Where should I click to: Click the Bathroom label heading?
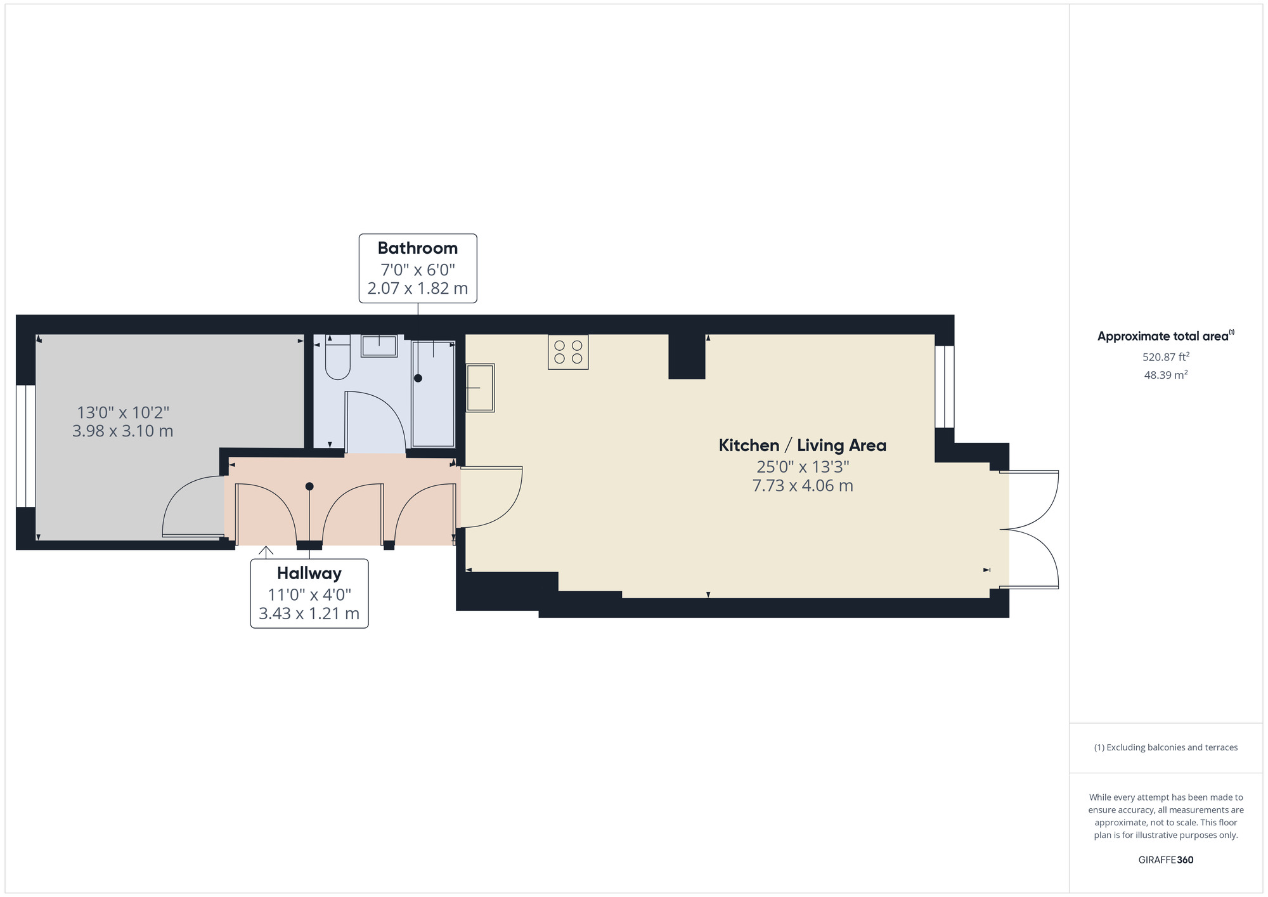click(x=417, y=248)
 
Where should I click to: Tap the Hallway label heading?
click(x=309, y=573)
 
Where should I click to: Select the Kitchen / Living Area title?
click(x=802, y=445)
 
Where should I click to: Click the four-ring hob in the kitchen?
click(x=568, y=352)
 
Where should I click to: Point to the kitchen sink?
click(x=480, y=388)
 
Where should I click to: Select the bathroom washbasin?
click(x=379, y=346)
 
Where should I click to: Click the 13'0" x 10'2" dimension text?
click(x=123, y=412)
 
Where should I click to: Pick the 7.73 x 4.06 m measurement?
click(x=802, y=486)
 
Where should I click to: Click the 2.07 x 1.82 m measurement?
click(x=417, y=289)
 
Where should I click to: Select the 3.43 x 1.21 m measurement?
click(x=309, y=614)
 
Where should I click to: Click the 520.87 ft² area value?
click(x=1165, y=357)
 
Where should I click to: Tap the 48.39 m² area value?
click(x=1165, y=375)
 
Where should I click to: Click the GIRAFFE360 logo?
click(x=1165, y=860)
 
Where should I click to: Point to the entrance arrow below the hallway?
click(x=266, y=551)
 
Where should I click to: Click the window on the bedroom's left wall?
click(x=25, y=446)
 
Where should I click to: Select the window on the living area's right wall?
click(x=944, y=386)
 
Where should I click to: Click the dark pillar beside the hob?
click(x=687, y=357)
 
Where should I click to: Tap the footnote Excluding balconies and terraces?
click(x=1165, y=747)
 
